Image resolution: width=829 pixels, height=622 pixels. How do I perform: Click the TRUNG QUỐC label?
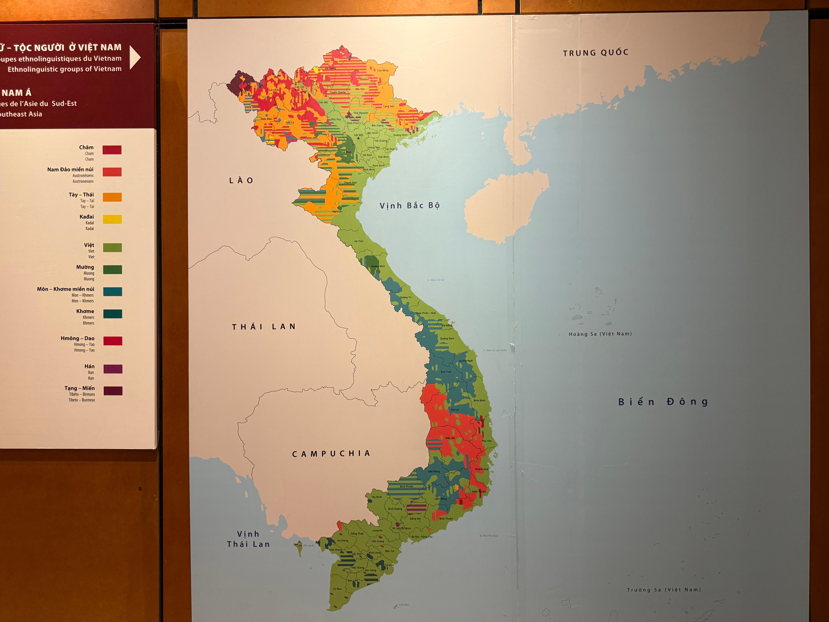tap(595, 53)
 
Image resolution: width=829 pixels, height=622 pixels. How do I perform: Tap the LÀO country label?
tap(241, 180)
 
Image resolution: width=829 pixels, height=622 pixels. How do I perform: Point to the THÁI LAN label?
tap(264, 327)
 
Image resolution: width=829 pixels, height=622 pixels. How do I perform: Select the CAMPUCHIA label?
tap(331, 454)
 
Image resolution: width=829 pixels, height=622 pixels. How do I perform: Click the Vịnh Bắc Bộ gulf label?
tap(410, 205)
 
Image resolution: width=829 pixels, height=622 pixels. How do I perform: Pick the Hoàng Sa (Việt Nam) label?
tap(600, 334)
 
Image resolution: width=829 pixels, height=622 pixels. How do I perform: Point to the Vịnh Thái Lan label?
tap(248, 539)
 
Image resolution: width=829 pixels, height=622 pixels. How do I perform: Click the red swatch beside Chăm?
tap(112, 150)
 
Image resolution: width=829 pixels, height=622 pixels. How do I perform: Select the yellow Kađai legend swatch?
tap(112, 219)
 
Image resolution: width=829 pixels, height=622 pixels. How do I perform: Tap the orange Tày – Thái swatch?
tap(112, 197)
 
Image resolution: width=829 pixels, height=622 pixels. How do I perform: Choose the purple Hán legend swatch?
tap(113, 369)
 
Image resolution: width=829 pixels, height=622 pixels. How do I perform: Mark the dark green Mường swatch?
tap(112, 270)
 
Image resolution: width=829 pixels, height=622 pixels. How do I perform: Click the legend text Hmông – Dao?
tap(78, 338)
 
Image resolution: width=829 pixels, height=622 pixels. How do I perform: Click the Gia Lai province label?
tap(455, 409)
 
